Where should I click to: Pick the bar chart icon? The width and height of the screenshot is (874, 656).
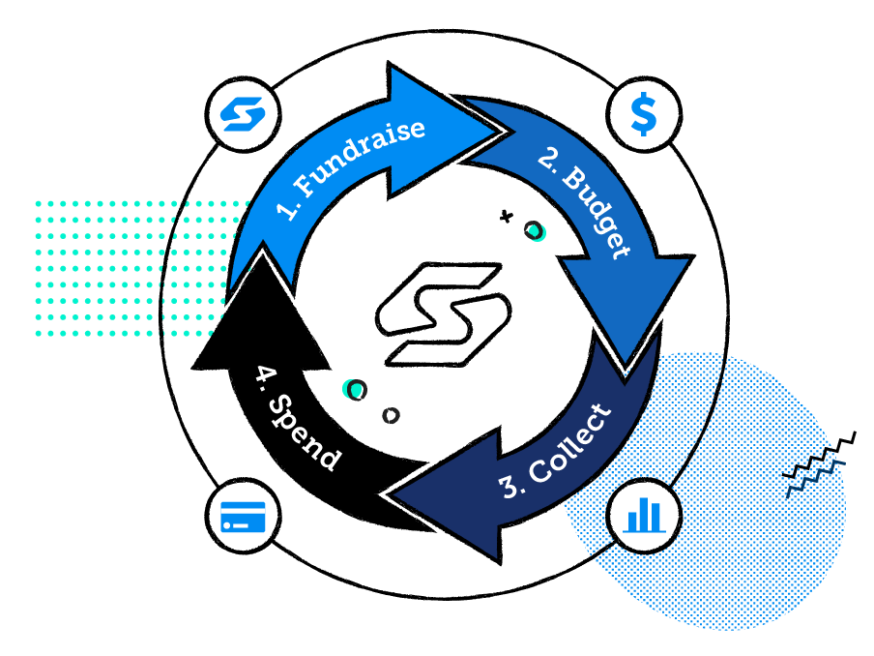643,514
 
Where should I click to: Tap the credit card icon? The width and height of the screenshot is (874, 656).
242,514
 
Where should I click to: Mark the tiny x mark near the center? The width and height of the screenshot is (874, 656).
506,217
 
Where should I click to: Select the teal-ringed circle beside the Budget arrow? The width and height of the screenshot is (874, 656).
533,230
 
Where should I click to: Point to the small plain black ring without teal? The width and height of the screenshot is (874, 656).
391,415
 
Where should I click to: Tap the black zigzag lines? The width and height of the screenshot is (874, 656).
817,462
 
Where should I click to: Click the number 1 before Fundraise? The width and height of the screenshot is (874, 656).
289,210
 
